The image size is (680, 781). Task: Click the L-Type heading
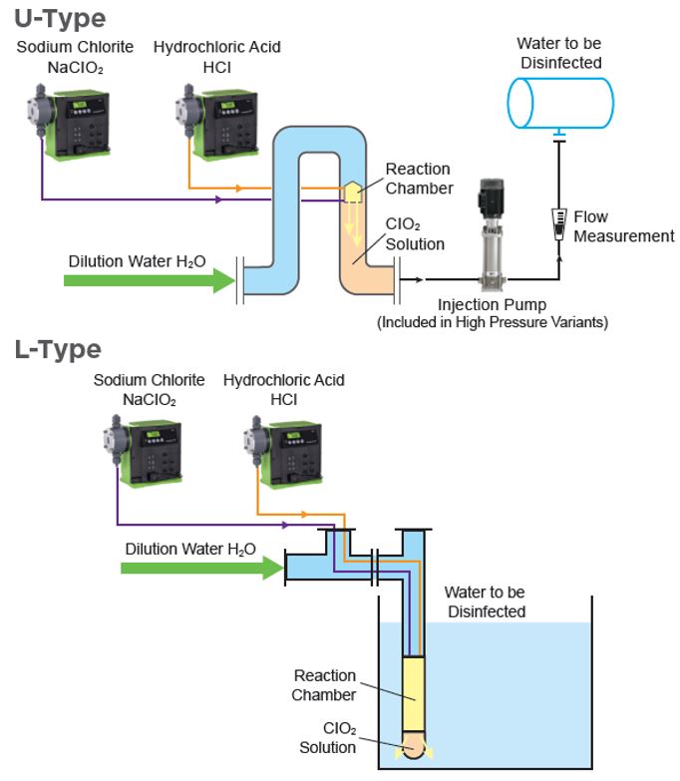(x=58, y=349)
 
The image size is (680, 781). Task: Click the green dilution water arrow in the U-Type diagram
(x=150, y=280)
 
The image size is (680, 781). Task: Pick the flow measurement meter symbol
(x=559, y=216)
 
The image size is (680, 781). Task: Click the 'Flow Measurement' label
(x=624, y=226)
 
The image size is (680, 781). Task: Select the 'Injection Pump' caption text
(x=493, y=305)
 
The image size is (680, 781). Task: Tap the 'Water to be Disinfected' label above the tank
(x=558, y=52)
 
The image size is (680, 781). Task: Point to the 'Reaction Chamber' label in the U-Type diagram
(x=418, y=179)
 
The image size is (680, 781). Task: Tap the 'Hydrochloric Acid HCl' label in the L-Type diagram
(x=283, y=390)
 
